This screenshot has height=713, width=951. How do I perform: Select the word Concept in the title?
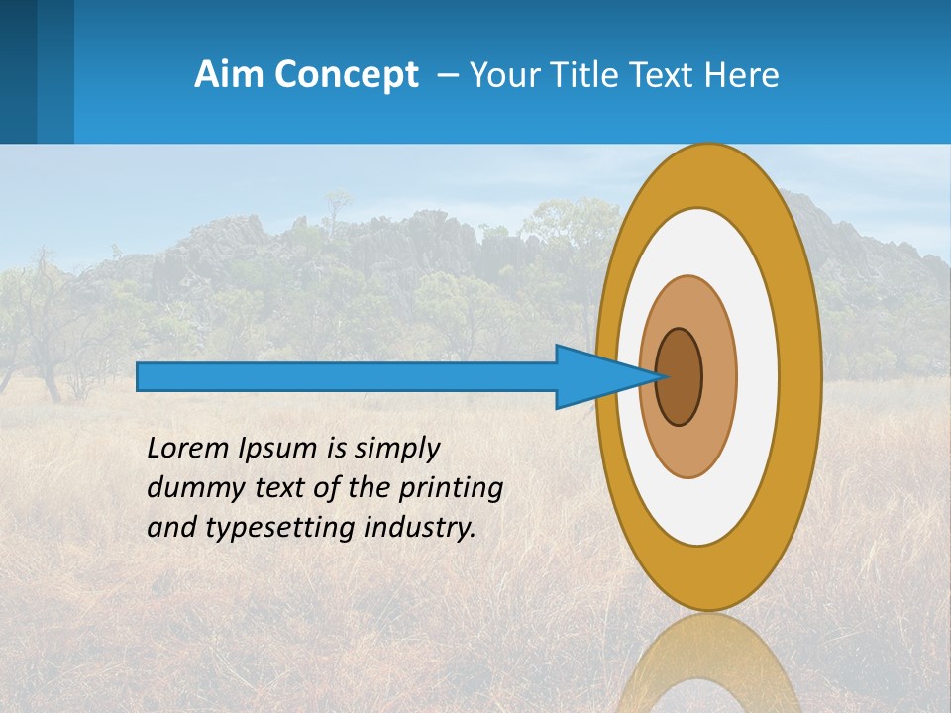click(346, 76)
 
